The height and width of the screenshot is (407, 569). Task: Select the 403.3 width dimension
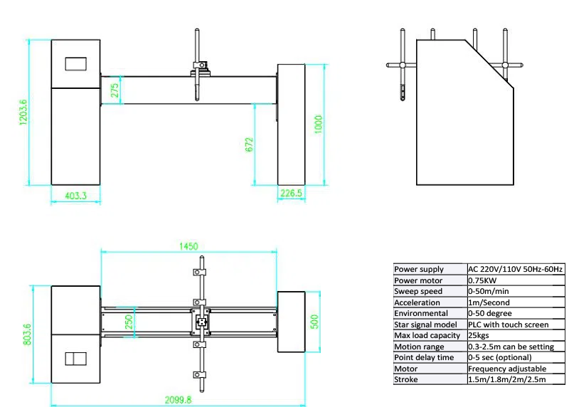(76, 194)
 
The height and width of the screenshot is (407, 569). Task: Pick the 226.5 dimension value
(291, 193)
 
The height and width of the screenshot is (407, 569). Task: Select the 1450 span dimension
(188, 246)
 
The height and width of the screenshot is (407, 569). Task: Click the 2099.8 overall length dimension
(178, 399)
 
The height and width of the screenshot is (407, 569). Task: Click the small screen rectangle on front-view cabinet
(76, 63)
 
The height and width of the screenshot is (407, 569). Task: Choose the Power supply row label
(419, 269)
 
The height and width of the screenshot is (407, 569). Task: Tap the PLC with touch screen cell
(508, 324)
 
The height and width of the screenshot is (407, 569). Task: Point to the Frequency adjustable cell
(506, 369)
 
